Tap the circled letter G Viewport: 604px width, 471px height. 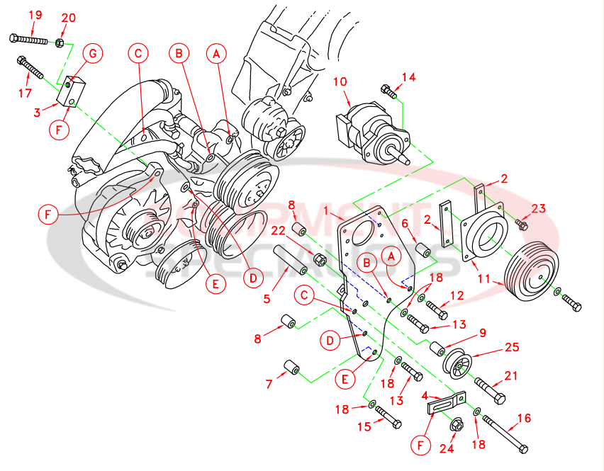click(93, 53)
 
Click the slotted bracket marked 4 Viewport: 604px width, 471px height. click(442, 406)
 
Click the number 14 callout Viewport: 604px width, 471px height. click(409, 77)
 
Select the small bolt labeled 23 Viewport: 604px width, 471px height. click(522, 225)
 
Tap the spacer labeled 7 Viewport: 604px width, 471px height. click(292, 368)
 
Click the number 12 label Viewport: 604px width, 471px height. click(457, 295)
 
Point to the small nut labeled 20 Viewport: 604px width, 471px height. click(60, 42)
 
